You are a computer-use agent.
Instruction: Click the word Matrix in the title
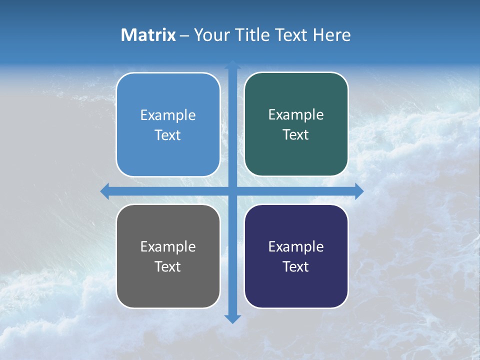(x=148, y=35)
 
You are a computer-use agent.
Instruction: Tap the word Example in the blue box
(x=168, y=115)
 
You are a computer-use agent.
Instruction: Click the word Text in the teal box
(x=296, y=135)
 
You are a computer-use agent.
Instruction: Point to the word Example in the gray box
(x=168, y=247)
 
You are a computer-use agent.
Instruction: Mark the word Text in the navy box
(x=296, y=267)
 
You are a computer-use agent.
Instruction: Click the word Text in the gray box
(x=168, y=267)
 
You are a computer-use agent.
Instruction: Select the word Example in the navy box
(x=296, y=247)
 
